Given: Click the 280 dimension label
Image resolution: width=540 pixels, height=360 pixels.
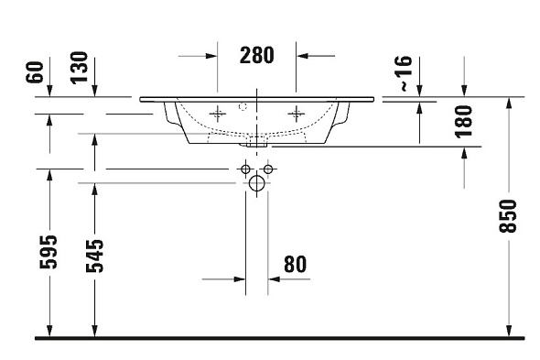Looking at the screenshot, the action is [x=256, y=55].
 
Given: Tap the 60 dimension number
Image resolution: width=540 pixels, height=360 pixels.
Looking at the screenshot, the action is [x=35, y=72].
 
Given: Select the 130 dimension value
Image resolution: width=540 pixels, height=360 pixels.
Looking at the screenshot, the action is [x=80, y=68].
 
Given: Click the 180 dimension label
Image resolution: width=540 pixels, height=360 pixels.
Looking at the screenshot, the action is [x=463, y=122].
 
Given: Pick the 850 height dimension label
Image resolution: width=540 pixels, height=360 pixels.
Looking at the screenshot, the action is [x=508, y=216].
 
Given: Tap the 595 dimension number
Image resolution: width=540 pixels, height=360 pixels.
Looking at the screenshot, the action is [x=48, y=252].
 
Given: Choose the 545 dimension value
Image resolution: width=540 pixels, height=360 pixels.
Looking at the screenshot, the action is [x=94, y=256].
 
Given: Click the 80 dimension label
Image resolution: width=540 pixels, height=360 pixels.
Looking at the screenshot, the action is [x=295, y=265].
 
